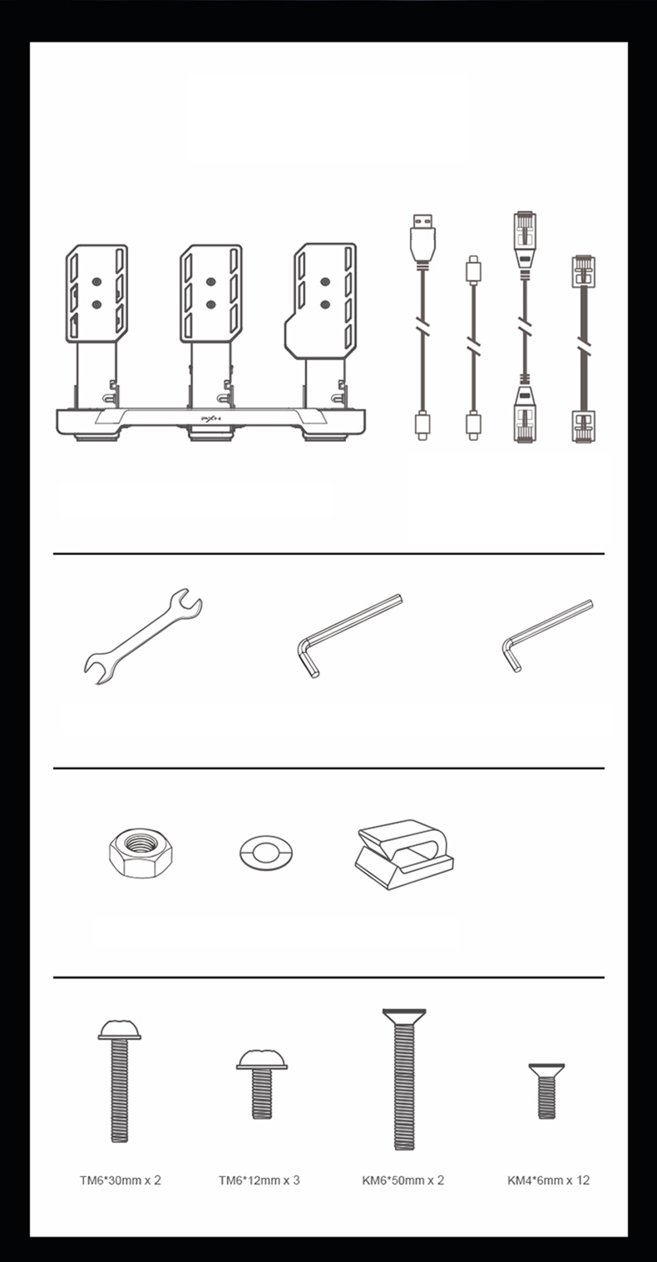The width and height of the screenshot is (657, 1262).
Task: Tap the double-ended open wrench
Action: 143,636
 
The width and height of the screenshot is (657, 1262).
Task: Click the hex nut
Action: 141,853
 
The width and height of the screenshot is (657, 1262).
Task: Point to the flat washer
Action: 266,853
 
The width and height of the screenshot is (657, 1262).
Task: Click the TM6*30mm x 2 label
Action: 121,1180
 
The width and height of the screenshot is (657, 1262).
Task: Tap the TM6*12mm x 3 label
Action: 259,1180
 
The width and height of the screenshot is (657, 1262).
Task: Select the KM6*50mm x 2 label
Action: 403,1180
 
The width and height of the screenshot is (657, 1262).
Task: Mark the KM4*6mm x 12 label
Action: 548,1180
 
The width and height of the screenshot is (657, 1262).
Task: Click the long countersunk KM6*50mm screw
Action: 404,1079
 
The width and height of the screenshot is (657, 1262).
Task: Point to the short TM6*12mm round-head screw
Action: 262,1084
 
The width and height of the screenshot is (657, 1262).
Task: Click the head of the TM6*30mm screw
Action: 120,1030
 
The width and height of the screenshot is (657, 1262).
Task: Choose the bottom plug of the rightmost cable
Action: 583,426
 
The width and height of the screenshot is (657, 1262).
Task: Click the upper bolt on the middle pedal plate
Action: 211,282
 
